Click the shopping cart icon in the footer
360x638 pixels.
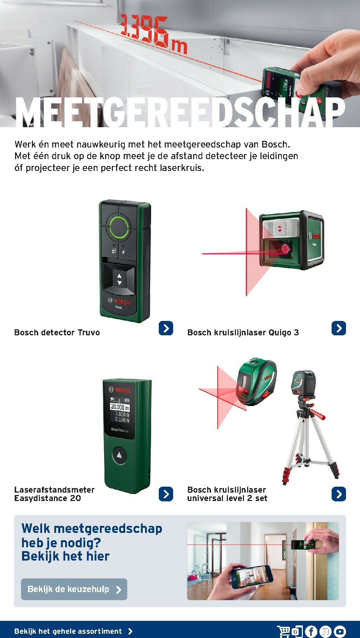(x=283, y=631)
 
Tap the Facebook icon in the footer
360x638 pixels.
(x=311, y=631)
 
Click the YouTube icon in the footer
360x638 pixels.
(x=340, y=631)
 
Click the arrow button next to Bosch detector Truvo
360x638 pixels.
(x=166, y=328)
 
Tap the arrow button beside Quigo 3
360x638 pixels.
(x=339, y=328)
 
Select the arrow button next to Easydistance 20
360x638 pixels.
(x=166, y=494)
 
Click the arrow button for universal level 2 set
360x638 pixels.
(x=339, y=494)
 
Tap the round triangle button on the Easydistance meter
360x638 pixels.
(x=119, y=455)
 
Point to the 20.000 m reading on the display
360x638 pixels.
(x=120, y=407)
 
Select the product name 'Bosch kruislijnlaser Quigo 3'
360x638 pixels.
(x=243, y=332)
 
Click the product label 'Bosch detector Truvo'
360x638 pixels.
(x=57, y=332)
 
